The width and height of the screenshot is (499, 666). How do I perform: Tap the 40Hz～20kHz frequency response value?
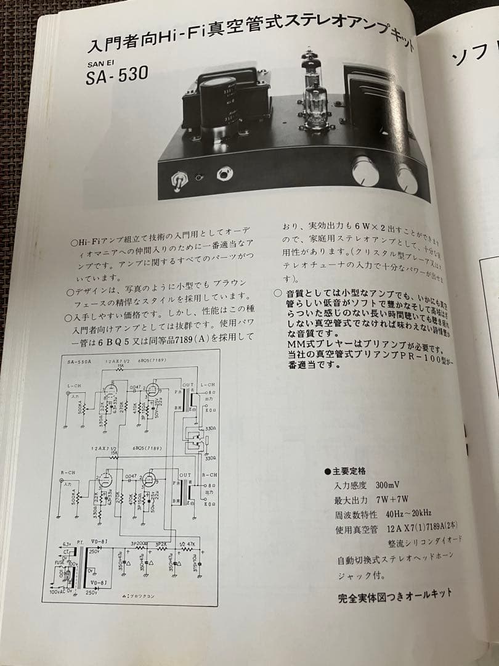click(x=408, y=514)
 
